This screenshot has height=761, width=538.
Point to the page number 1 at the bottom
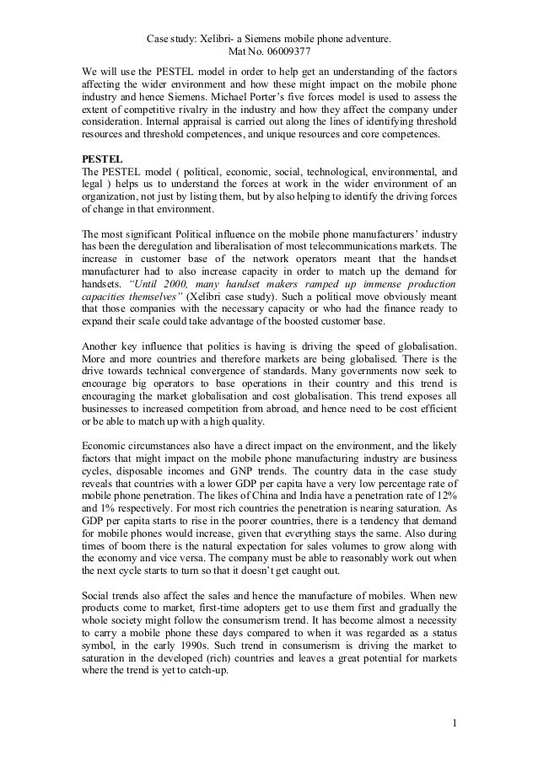454,722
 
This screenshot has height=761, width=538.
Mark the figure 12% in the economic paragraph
444,503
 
